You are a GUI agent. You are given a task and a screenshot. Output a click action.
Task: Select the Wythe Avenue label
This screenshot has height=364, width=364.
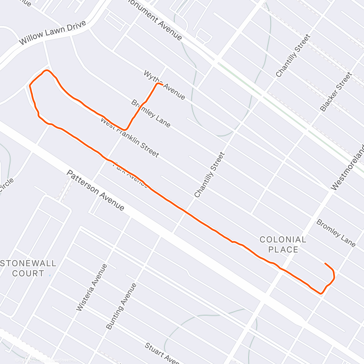click(x=164, y=85)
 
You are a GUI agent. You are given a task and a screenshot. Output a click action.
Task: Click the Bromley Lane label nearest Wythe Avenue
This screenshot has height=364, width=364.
click(x=151, y=113)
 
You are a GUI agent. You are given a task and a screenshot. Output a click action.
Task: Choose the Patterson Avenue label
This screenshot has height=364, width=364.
click(x=95, y=190)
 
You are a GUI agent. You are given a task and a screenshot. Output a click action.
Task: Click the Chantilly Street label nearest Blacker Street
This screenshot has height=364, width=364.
click(x=293, y=56)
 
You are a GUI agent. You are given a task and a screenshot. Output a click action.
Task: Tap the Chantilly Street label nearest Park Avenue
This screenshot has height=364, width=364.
click(x=210, y=175)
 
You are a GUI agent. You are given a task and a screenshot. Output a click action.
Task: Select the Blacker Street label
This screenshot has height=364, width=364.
click(x=336, y=92)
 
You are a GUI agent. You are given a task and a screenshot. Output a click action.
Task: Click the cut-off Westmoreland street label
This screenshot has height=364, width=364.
click(x=348, y=168)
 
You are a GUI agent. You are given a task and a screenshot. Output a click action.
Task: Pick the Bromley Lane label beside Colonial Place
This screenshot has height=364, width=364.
click(x=336, y=233)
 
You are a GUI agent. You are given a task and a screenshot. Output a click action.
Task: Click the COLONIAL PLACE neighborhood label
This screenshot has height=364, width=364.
click(x=283, y=244)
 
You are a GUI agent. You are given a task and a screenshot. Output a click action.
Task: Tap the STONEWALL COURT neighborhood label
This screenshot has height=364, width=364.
click(x=29, y=268)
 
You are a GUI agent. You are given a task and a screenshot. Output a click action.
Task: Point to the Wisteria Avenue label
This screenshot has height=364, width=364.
click(x=92, y=288)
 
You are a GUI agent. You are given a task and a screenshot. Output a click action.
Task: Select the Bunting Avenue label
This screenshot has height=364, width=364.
click(x=121, y=306)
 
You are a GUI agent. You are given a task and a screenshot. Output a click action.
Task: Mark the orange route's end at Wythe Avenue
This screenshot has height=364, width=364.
click(x=163, y=84)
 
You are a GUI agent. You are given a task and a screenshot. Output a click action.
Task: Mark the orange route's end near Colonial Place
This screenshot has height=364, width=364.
click(x=325, y=263)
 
